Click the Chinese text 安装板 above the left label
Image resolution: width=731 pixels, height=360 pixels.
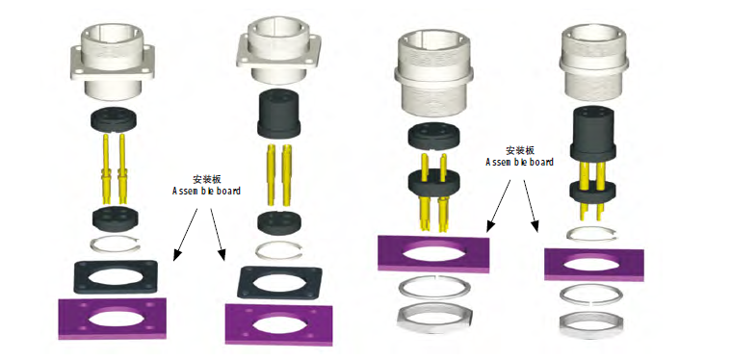click(x=207, y=179)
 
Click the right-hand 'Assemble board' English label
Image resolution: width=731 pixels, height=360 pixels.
click(x=519, y=162)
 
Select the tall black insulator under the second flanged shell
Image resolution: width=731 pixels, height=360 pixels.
click(x=277, y=113)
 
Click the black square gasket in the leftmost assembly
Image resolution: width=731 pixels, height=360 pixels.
click(x=116, y=276)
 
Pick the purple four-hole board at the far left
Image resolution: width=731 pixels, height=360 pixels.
click(x=113, y=319)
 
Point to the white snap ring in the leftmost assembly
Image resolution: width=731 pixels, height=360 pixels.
click(x=115, y=244)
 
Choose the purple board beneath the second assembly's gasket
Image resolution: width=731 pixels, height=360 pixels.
click(x=278, y=324)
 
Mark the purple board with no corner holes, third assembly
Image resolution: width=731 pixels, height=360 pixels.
click(x=433, y=254)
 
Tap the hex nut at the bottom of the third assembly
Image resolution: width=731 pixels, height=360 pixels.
click(x=433, y=318)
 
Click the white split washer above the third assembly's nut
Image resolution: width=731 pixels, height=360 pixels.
click(x=433, y=289)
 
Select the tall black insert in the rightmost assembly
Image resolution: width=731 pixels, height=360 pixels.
click(x=593, y=132)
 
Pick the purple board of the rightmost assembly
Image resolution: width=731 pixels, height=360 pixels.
click(x=594, y=265)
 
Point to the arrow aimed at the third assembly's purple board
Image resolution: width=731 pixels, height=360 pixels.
click(x=499, y=205)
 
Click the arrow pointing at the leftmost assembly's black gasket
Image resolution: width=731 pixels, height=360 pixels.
click(x=185, y=234)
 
